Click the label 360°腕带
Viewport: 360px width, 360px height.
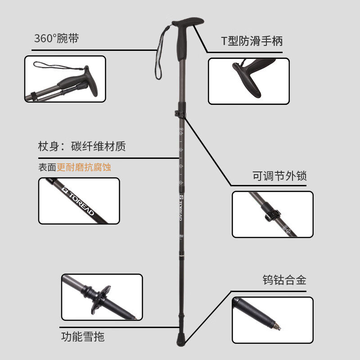56,39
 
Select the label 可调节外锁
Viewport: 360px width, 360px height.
279,176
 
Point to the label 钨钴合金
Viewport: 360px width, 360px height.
284,280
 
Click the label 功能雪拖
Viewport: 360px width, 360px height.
83,336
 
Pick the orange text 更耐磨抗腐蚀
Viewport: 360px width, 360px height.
84,167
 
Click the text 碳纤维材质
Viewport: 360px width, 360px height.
99,146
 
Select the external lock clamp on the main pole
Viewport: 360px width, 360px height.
180,114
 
